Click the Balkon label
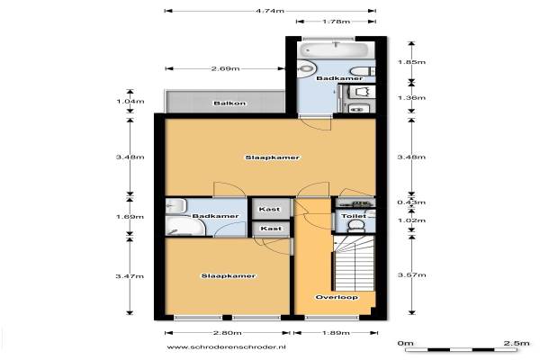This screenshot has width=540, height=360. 229,103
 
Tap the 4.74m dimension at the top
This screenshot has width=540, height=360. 270,11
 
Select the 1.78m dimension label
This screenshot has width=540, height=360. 336,22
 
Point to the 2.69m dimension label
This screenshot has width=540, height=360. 225,68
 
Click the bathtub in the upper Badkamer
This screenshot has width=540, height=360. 334,49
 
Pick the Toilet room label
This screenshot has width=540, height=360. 354,216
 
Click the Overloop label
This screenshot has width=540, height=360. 337,297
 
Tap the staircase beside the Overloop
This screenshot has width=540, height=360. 354,263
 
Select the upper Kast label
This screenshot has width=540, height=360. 269,209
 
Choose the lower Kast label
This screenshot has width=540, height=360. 271,229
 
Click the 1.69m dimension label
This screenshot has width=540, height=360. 130,217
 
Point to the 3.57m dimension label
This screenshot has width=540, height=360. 411,274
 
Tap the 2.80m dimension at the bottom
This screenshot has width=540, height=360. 227,333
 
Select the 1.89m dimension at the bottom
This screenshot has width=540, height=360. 336,333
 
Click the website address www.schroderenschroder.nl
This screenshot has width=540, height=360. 226,346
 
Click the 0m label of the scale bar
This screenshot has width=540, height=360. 405,343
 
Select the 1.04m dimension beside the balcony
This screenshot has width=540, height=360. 130,102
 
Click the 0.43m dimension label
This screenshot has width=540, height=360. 411,202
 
